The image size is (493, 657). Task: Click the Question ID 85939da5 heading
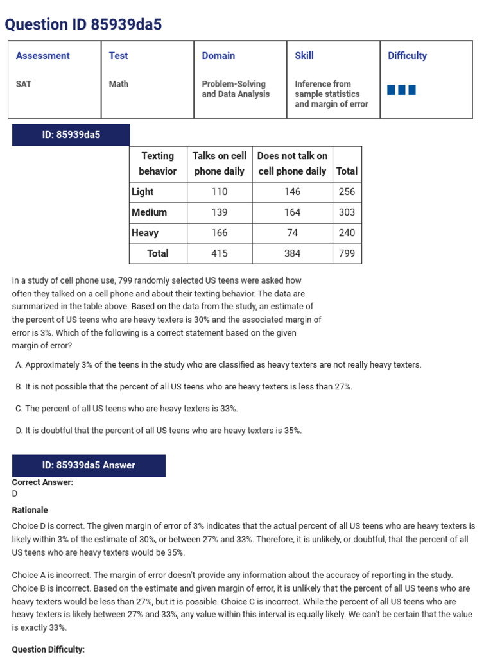(83, 24)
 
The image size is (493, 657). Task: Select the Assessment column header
(43, 56)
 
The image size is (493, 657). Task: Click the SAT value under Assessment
(24, 84)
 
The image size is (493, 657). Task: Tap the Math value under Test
(119, 84)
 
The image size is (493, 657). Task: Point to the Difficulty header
(407, 56)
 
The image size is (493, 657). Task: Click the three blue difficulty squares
(401, 90)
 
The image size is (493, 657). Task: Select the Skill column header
(304, 56)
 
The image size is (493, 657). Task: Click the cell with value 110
(220, 192)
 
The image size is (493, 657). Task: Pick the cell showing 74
(292, 233)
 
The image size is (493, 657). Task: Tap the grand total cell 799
(347, 253)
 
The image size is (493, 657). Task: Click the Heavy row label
(145, 233)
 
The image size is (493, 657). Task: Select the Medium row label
(149, 212)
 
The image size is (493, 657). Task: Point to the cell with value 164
(292, 212)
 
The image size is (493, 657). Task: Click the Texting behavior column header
(158, 164)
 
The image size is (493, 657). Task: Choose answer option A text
(218, 365)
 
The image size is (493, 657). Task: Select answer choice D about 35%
(159, 431)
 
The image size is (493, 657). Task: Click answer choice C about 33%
(126, 409)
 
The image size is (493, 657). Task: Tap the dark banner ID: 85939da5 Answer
(89, 465)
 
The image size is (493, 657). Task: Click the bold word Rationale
(30, 510)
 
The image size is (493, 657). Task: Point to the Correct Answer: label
(42, 482)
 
